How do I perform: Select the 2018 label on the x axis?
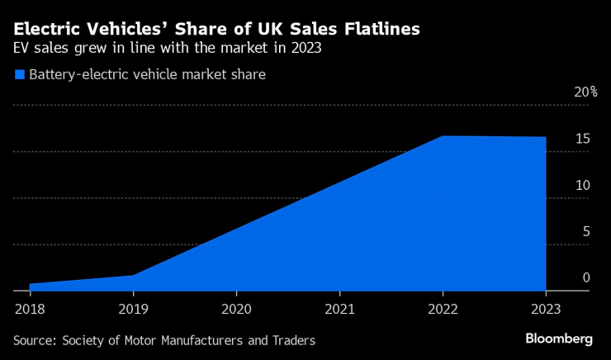coord(30,310)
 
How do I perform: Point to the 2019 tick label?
coord(133,310)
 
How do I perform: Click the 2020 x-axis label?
coord(236,310)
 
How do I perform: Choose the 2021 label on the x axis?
coord(339,310)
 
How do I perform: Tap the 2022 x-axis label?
coord(443,310)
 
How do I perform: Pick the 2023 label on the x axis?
coord(546,310)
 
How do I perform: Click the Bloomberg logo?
coord(559,339)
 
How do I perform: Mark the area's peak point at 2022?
coord(443,136)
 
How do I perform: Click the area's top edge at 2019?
coord(133,276)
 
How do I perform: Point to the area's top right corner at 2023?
coord(546,137)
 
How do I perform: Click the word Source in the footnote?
coord(35,340)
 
